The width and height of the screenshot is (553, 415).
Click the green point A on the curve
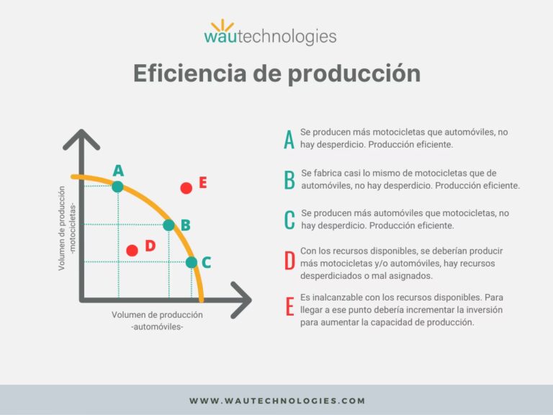pos(117,187)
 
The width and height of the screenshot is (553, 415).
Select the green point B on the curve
pos(168,225)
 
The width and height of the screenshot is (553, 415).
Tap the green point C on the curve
pos(192,262)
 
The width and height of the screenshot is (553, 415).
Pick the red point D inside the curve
pos(132,250)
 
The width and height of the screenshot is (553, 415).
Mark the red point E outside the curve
pos(186,188)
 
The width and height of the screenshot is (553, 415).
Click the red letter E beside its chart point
pos(203,183)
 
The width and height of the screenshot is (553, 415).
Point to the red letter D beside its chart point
pos(150,246)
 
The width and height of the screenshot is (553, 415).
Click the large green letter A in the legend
pos(289,139)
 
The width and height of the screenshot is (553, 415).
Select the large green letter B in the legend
pos(289,179)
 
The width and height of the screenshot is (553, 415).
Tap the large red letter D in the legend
pos(289,261)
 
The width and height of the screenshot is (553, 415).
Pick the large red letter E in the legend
pos(289,307)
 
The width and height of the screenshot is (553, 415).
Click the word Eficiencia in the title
pos(185,73)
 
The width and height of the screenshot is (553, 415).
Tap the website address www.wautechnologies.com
pos(277,401)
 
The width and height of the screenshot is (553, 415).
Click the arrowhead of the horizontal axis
pos(243,298)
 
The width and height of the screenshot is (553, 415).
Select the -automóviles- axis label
pos(158,326)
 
